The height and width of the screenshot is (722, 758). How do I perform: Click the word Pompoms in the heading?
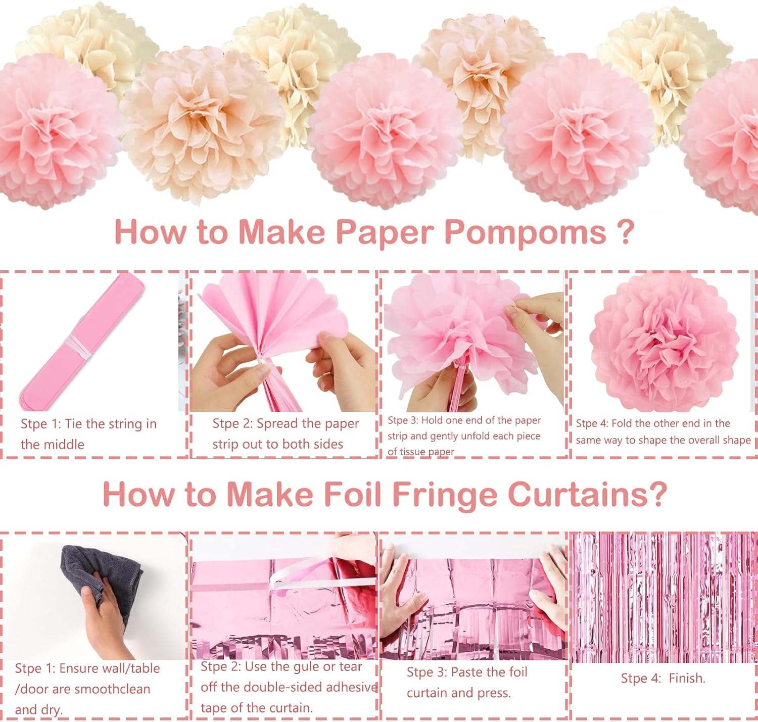click(526, 232)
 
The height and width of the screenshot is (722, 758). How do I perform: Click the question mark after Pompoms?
click(625, 231)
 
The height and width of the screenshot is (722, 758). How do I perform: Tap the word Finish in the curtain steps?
click(687, 678)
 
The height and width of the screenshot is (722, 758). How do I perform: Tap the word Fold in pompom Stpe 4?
click(621, 423)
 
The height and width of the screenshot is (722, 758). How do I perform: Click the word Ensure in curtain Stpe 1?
click(77, 668)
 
